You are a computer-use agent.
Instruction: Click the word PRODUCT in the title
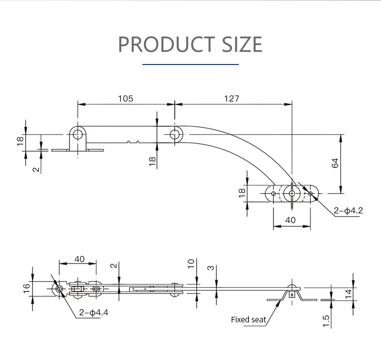[167, 44]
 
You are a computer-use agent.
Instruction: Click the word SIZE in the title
[242, 44]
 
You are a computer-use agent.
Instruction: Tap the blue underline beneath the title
[190, 64]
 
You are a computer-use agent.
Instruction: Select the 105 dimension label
[125, 99]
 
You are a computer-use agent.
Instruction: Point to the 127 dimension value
[232, 99]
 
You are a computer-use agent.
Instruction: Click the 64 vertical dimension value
[335, 163]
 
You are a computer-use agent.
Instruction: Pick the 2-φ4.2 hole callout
[348, 210]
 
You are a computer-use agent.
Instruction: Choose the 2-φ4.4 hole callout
[93, 312]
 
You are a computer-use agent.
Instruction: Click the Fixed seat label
[248, 319]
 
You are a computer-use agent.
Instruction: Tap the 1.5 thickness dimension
[326, 321]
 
